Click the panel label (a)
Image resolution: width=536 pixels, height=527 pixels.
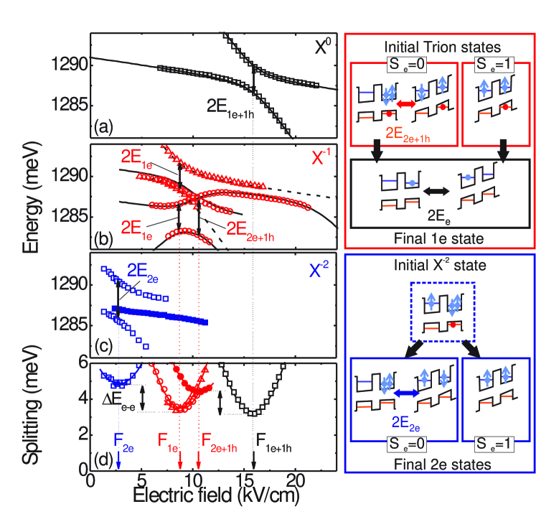(x=101, y=129)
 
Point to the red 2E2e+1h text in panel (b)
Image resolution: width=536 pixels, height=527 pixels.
(x=249, y=230)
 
